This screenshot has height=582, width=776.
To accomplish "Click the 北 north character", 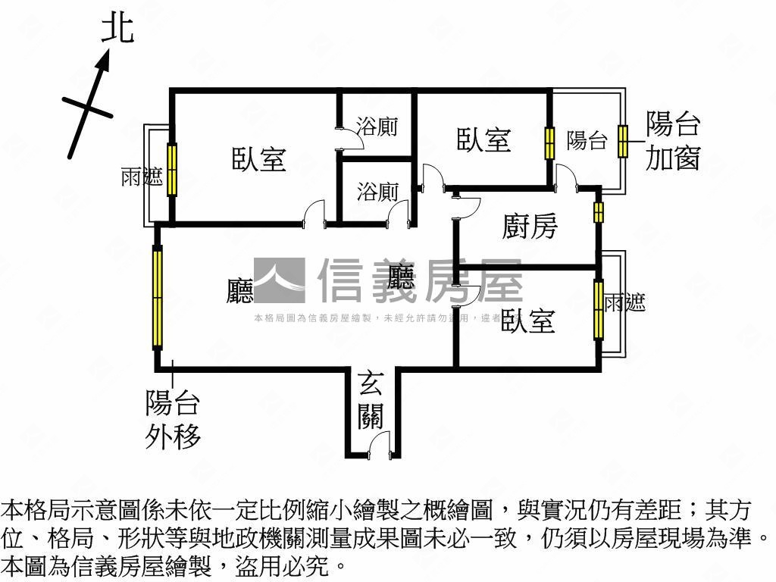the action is tap(117, 29).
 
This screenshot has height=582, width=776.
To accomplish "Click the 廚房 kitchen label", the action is tap(530, 226).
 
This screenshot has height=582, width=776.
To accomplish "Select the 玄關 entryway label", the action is tap(371, 402).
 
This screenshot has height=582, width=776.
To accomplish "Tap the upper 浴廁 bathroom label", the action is tap(377, 126).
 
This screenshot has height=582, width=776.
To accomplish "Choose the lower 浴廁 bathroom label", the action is tap(377, 191).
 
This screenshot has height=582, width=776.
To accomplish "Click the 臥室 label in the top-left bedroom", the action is tap(258, 159).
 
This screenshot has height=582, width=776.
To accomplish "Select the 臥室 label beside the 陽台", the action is tap(483, 139).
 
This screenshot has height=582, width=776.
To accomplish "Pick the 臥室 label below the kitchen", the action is tap(527, 321).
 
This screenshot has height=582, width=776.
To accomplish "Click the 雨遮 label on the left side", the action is tap(142, 178).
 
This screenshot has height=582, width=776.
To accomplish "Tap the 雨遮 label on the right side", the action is tap(625, 303).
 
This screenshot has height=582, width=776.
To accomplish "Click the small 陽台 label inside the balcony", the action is tap(587, 140).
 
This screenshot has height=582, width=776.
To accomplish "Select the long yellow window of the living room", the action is tap(158, 298).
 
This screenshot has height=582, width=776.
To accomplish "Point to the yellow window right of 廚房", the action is tap(598, 212).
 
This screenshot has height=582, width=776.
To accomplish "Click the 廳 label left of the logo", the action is tap(240, 291).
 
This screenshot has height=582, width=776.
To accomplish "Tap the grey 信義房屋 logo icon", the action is tap(279, 280).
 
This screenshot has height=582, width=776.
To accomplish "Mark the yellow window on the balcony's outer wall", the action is tap(623, 141).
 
